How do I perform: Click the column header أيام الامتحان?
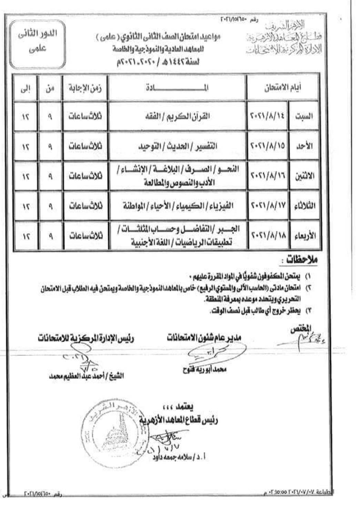pos(283,88)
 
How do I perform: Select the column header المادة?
pos(177,88)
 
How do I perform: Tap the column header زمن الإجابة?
pos(85,88)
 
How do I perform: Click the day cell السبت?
pos(304,116)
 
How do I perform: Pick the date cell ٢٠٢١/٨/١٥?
pos(268,146)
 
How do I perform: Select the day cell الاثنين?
pos(304,176)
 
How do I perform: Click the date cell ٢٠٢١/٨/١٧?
pos(268,206)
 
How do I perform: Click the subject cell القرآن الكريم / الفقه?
pos(177,116)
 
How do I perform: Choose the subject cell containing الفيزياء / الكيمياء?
pos(178,206)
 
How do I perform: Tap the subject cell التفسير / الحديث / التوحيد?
pos(177,146)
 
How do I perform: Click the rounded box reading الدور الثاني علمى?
pos(37,44)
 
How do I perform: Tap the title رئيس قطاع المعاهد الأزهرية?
pos(179,420)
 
